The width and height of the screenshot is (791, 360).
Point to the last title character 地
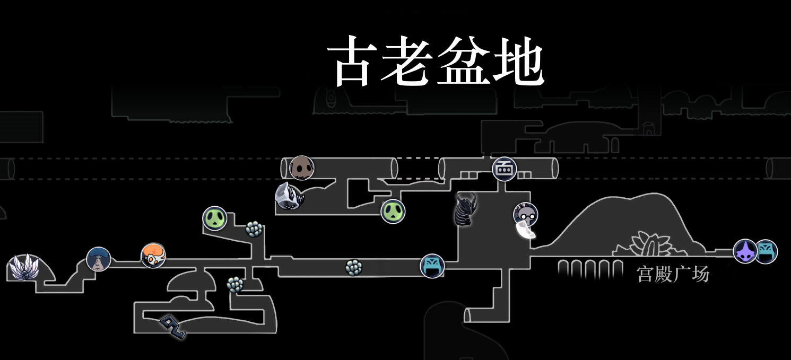[518, 62]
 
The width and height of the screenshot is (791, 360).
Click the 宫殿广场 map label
[673, 274]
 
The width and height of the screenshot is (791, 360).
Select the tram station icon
[504, 169]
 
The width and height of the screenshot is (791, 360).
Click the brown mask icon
[302, 168]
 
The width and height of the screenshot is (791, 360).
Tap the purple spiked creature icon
[745, 251]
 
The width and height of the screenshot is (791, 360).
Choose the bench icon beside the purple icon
[766, 251]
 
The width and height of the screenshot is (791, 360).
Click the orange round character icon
[153, 256]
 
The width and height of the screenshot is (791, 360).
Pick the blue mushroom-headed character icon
[99, 259]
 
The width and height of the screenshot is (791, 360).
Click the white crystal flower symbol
[24, 267]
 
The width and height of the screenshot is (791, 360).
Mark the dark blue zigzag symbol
[173, 327]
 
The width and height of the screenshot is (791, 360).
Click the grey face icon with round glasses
[525, 214]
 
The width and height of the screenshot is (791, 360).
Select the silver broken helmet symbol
[290, 197]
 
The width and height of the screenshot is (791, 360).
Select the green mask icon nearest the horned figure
[393, 212]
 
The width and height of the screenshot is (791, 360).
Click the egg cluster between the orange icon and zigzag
[235, 285]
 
